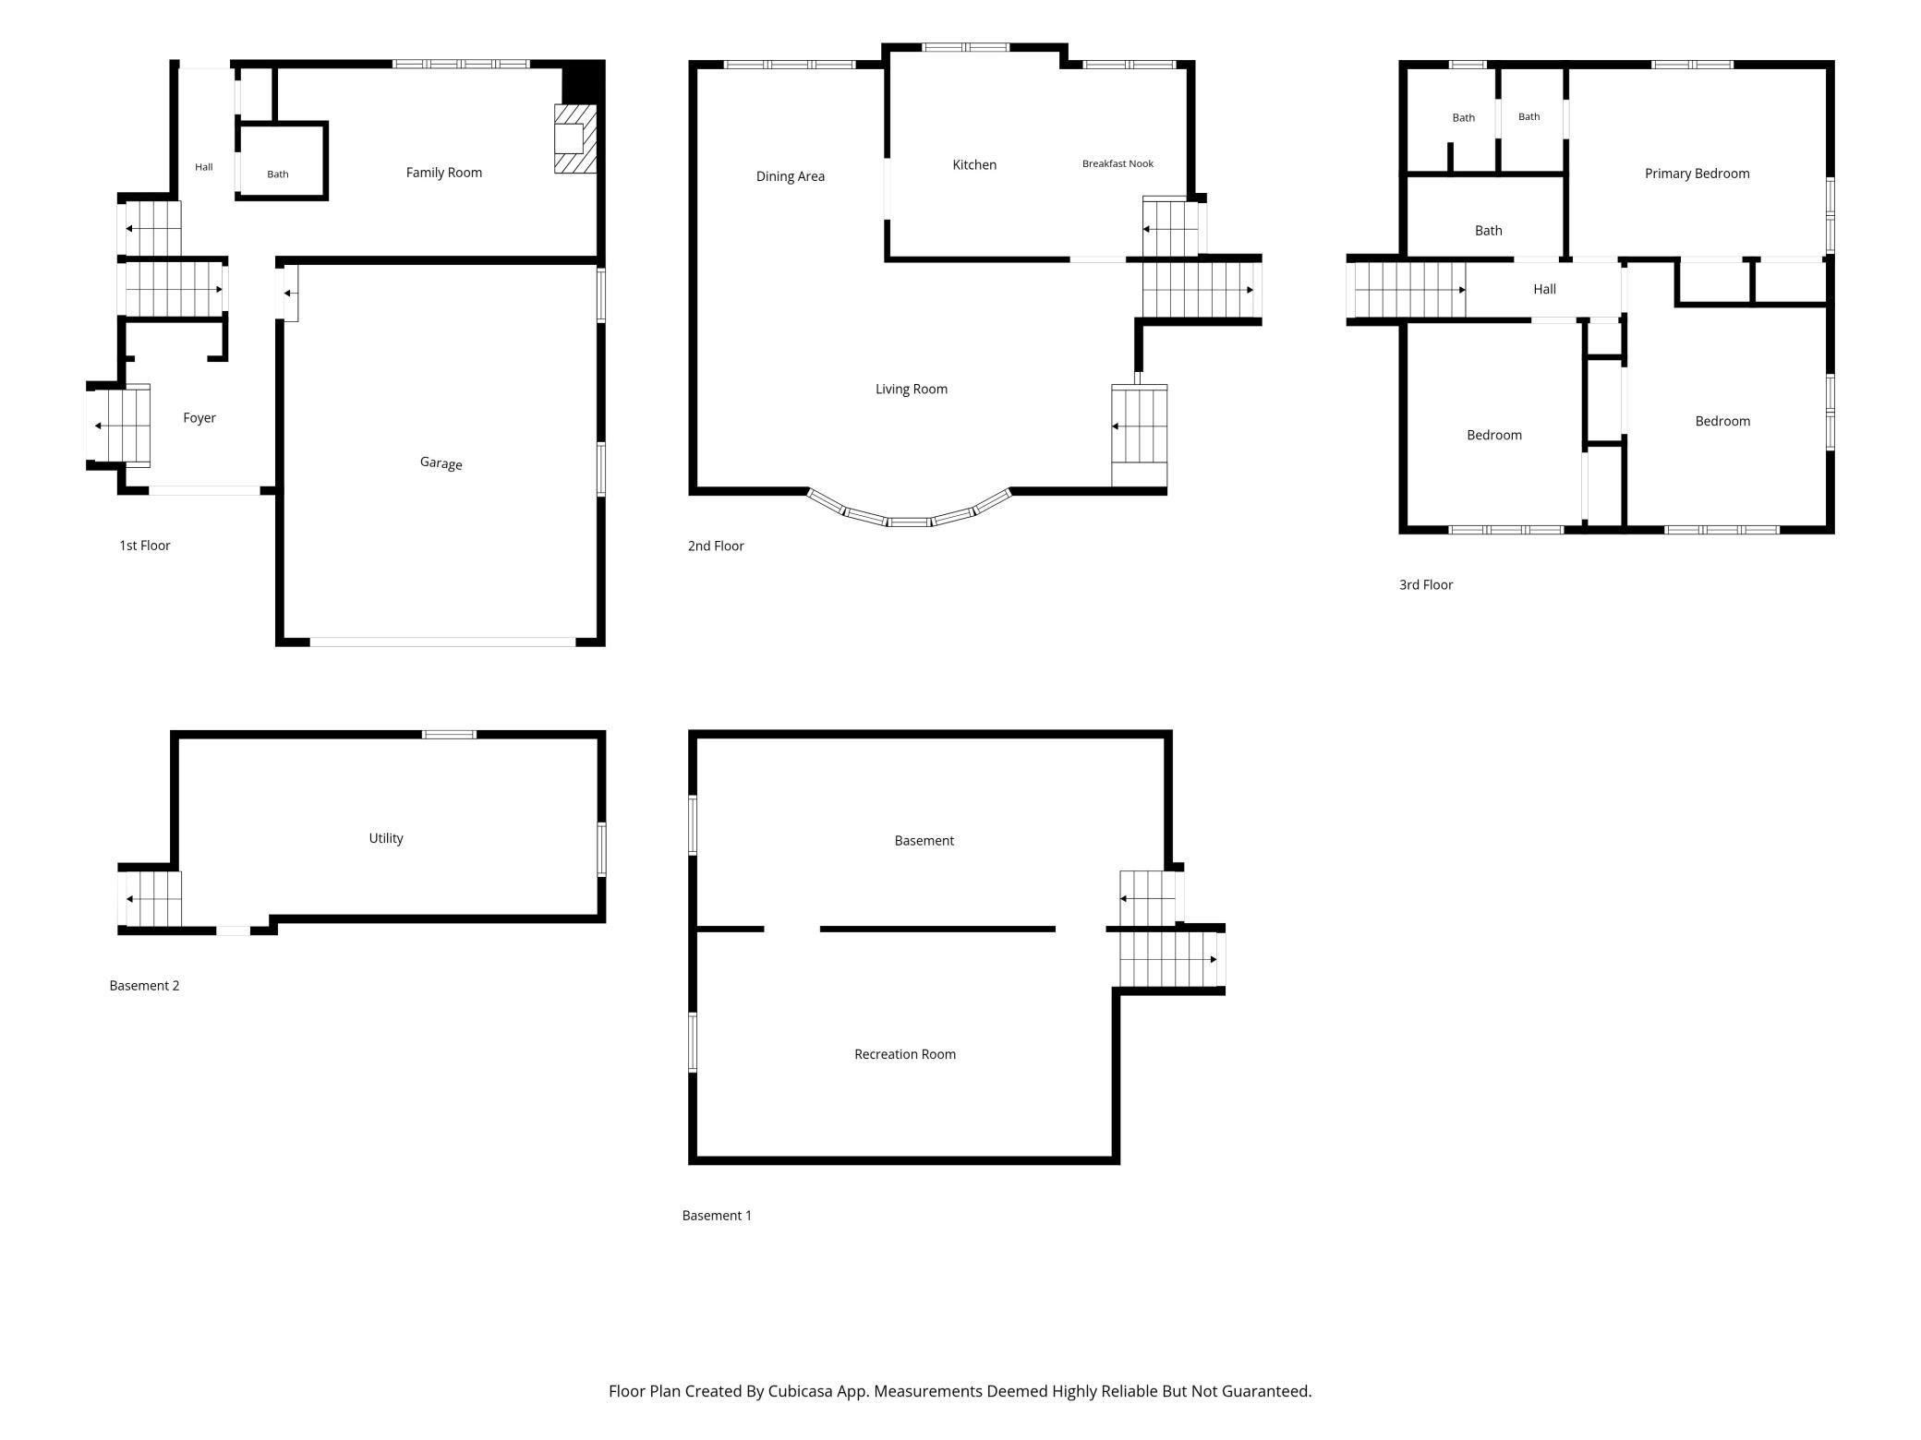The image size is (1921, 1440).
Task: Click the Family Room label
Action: [x=444, y=173]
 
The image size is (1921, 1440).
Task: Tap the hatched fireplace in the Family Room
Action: [x=574, y=138]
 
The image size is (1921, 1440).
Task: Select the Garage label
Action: [x=441, y=463]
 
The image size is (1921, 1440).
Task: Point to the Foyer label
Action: [x=199, y=418]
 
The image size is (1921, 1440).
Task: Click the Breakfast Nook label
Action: [x=1118, y=163]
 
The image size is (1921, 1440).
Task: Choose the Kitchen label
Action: [x=974, y=165]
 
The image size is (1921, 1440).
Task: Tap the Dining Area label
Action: [x=791, y=176]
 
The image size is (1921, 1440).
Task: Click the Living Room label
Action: [x=912, y=390]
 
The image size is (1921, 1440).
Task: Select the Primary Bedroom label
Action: [x=1697, y=174]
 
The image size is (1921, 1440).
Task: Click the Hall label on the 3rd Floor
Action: [x=1544, y=289]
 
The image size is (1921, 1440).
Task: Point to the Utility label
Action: [x=386, y=838]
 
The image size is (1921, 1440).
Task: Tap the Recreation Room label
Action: [x=905, y=1054]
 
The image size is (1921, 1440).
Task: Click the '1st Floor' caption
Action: [x=145, y=546]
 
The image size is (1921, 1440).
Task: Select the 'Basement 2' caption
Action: [x=144, y=986]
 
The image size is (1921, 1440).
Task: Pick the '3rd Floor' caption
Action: [x=1426, y=585]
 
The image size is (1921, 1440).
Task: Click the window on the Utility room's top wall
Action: [x=449, y=735]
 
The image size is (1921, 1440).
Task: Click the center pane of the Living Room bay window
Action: [x=910, y=522]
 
